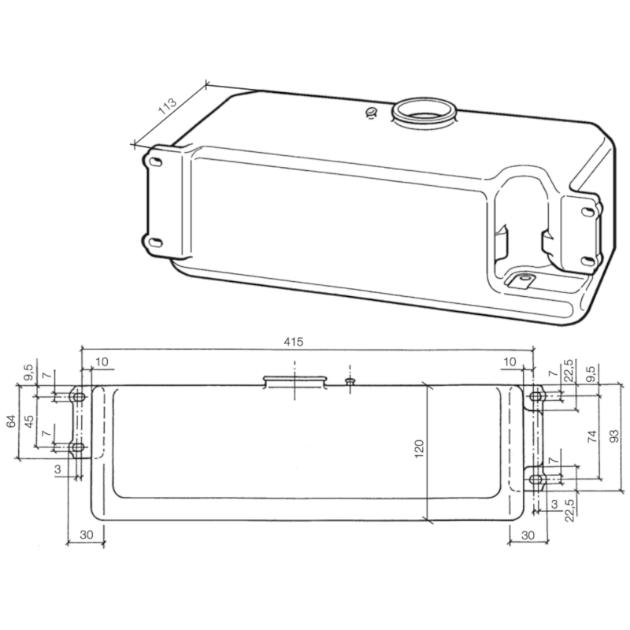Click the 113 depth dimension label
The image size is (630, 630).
tap(167, 106)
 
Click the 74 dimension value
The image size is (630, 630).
tap(592, 438)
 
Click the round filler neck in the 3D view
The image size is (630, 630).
tap(424, 112)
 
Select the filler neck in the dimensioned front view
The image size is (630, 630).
tap(295, 381)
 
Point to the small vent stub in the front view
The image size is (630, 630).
tap(350, 380)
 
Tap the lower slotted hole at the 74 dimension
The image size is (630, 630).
tap(536, 478)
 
